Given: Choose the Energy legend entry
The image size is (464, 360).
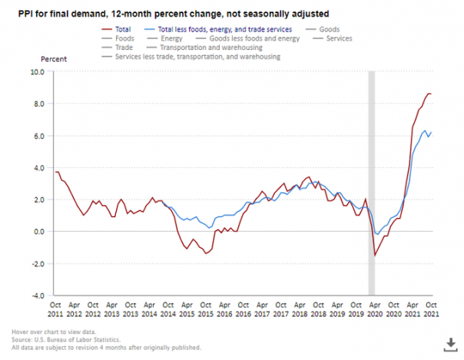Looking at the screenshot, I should coord(171,38).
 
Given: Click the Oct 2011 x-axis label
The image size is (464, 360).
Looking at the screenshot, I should coord(55,309).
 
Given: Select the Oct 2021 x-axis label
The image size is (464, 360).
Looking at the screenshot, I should coord(431,309).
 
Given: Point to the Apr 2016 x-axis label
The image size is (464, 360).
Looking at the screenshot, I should coord(224,309).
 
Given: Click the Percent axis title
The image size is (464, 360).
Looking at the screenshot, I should coord(53,58).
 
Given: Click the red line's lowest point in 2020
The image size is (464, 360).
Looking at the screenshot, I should coord(375,256).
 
